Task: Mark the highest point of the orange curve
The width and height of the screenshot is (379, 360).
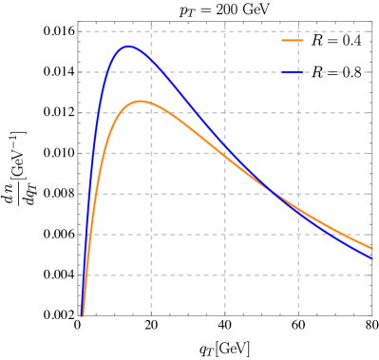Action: click(x=140, y=101)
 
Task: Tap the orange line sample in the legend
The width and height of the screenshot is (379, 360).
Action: click(x=293, y=41)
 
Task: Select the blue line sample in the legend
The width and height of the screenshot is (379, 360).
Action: click(x=293, y=72)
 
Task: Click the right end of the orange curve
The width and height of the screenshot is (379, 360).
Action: click(x=371, y=249)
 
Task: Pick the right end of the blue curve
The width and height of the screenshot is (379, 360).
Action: click(x=371, y=257)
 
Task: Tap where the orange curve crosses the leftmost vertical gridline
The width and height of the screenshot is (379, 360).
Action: click(x=151, y=103)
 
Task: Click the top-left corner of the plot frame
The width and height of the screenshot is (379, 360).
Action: click(x=78, y=22)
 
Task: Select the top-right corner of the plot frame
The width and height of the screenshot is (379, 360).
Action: click(x=372, y=22)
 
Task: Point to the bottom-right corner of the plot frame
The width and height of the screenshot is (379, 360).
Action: click(x=372, y=315)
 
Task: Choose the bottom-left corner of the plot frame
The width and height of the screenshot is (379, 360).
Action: click(x=78, y=315)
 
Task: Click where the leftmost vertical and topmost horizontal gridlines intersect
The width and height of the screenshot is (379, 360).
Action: click(x=151, y=31)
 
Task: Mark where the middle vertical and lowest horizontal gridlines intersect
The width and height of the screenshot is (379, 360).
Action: click(x=225, y=275)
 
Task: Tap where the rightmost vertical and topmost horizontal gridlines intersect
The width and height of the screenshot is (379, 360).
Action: click(x=298, y=31)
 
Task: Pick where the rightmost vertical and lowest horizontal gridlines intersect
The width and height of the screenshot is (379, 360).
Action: click(x=298, y=275)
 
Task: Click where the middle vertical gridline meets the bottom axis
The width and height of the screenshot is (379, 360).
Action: click(x=225, y=315)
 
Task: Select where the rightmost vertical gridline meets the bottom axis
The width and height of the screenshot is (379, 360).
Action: click(x=298, y=315)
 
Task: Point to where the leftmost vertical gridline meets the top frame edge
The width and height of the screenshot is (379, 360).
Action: click(x=151, y=22)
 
